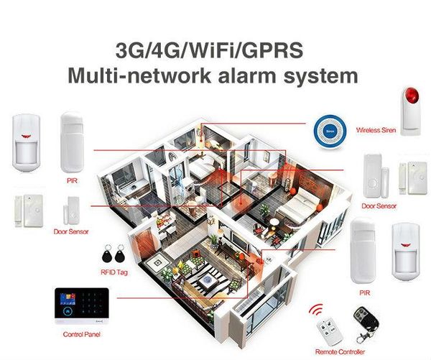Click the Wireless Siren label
coord(376,129)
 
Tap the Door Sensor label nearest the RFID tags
coord(70,232)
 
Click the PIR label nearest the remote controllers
coord(363,294)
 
